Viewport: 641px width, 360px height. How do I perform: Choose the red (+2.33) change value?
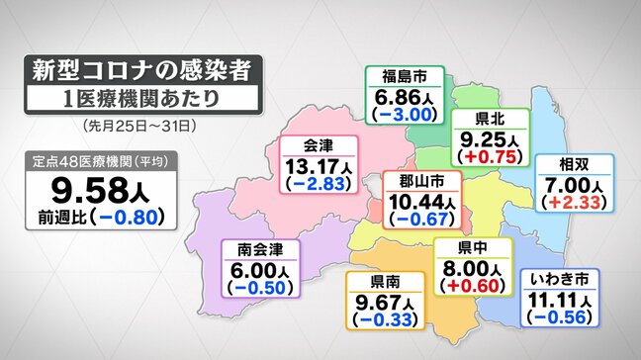point(572,203)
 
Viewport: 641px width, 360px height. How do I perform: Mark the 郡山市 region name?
point(421,182)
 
